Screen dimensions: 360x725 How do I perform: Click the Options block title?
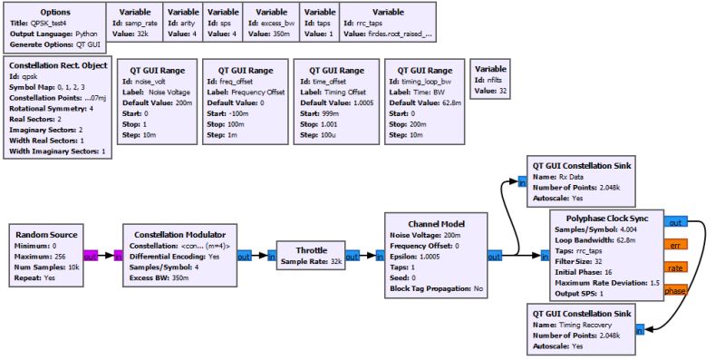pos(57,13)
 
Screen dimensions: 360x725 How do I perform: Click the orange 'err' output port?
pos(676,244)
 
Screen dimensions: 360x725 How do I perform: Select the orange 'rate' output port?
pos(676,267)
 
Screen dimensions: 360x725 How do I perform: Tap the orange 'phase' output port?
pos(676,289)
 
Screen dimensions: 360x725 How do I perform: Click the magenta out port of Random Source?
pos(92,256)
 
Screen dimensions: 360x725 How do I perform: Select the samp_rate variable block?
pos(137,23)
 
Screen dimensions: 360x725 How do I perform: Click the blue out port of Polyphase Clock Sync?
pos(676,221)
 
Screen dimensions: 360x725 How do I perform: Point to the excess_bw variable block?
pos(271,23)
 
